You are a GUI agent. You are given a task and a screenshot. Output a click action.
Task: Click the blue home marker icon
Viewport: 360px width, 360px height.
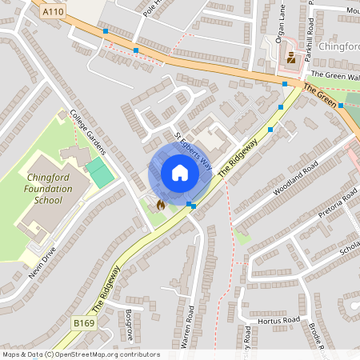click(180, 173)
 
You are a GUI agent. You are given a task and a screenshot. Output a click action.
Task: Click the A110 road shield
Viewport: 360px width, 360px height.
click(54, 12)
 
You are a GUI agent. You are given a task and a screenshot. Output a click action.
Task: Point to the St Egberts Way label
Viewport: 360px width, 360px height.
click(193, 152)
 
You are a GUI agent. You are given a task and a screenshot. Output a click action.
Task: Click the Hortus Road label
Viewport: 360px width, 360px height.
click(279, 320)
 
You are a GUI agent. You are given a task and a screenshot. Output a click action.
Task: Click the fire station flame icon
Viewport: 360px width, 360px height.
click(160, 205)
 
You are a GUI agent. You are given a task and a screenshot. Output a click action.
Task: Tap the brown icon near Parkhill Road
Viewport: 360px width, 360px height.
click(291, 58)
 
